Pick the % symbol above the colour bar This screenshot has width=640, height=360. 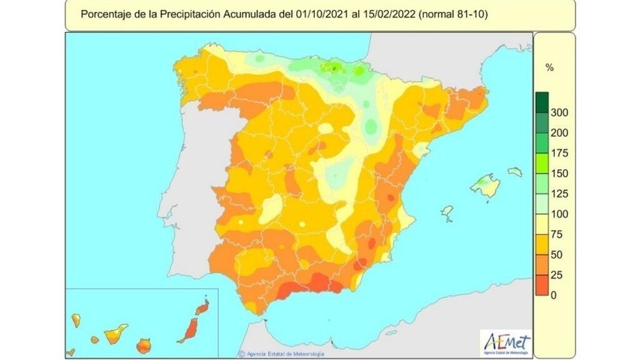(x=549, y=67)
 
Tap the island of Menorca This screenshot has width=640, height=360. (x=514, y=171)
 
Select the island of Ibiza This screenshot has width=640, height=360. (x=447, y=213)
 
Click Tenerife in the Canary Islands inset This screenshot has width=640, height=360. (x=116, y=333)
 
